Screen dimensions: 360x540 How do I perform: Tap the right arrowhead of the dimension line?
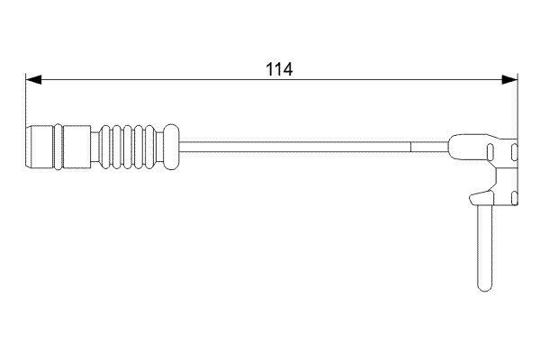[512, 79]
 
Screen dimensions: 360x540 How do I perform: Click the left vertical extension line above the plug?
[25, 99]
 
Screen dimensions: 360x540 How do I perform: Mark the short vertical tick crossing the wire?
[410, 143]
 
